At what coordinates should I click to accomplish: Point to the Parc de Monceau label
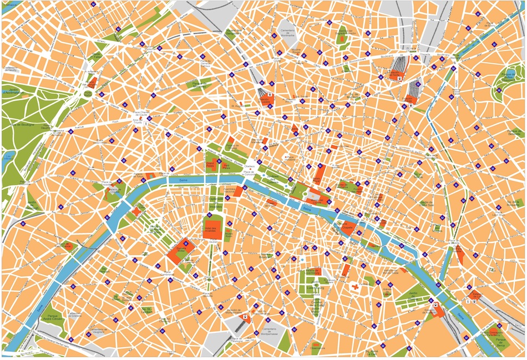(199, 83)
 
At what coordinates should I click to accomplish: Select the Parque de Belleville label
(515, 133)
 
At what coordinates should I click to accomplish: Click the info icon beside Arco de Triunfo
(146, 123)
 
